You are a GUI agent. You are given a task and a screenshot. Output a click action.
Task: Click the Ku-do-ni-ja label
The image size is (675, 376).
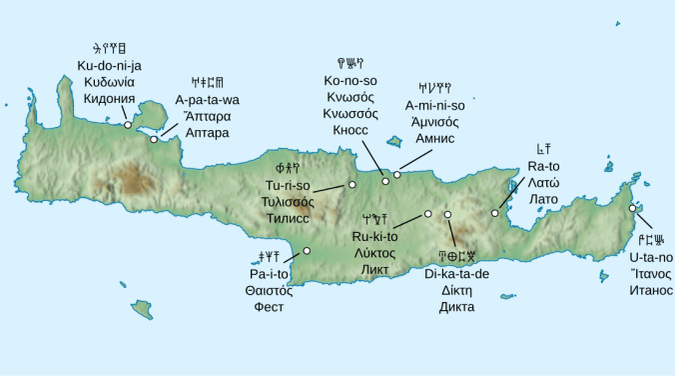[x=109, y=65]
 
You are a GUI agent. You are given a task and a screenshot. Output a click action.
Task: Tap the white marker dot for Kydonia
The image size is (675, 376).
[x=127, y=125]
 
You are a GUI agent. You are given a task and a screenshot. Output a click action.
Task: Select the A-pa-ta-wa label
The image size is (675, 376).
[x=208, y=100]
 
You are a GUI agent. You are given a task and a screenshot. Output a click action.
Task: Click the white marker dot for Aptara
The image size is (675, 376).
[x=153, y=139]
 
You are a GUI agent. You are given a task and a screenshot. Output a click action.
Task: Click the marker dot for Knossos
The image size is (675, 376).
[x=385, y=181]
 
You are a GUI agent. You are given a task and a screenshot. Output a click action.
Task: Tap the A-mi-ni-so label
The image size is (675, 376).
[x=434, y=105]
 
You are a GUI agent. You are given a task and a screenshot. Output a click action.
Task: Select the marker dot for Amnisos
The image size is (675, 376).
[x=396, y=175]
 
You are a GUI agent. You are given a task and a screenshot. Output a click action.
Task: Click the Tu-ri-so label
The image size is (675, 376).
[x=288, y=186]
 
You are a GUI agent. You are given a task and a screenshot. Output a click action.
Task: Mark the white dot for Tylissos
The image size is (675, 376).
[x=351, y=185]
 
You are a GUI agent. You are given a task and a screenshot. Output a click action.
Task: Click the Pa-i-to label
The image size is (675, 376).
[x=269, y=273]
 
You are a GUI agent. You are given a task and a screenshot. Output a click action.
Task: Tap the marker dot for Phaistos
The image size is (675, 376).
[x=307, y=250]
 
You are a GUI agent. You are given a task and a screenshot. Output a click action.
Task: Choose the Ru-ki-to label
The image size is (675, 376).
[x=374, y=237]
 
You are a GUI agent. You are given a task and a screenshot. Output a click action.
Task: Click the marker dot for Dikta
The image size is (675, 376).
[x=447, y=214]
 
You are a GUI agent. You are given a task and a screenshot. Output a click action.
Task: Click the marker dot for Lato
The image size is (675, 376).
[x=495, y=213]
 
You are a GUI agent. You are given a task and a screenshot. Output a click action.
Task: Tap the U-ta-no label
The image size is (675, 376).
[x=650, y=257]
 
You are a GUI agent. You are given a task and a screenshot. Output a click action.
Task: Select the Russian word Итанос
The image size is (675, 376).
[x=650, y=290]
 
